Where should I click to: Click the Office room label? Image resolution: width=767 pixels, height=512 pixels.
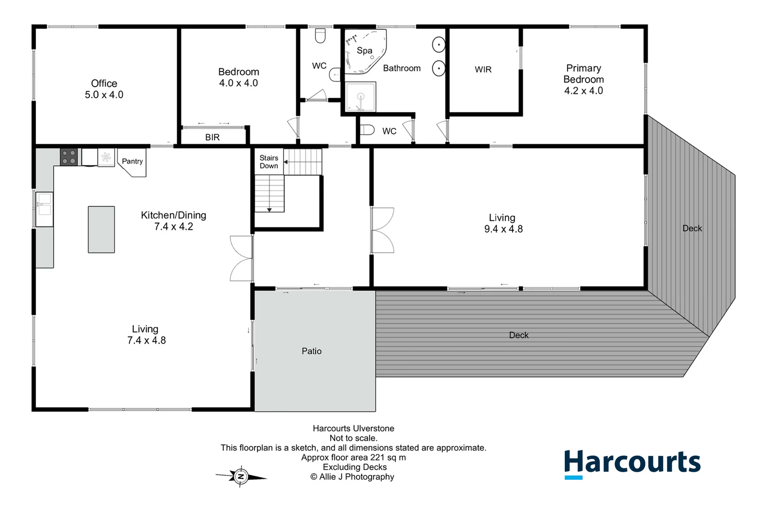point(104,83)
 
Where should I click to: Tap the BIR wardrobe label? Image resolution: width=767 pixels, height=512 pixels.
point(212,137)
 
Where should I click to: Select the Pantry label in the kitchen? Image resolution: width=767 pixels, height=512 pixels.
point(132,161)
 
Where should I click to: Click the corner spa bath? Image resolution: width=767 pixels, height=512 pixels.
point(364,51)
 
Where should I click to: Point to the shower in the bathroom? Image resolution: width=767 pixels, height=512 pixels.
point(360,97)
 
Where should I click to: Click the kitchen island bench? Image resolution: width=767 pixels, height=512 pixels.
point(101,229)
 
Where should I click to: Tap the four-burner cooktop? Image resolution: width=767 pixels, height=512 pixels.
point(69,157)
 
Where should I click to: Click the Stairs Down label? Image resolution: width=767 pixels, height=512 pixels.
point(269,162)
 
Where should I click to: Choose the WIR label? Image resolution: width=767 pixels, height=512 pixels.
point(483,70)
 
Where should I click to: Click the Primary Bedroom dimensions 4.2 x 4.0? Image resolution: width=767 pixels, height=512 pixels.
point(583,91)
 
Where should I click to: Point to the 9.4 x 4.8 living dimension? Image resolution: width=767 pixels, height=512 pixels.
point(503,229)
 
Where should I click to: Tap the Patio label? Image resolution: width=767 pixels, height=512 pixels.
point(312,351)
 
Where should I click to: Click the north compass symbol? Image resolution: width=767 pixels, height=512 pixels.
point(241,476)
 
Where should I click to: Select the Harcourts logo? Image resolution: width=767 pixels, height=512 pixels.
point(632,463)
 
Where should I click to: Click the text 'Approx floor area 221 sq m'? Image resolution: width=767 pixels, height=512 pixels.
point(353,457)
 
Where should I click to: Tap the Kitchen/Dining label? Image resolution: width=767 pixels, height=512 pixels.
point(173,215)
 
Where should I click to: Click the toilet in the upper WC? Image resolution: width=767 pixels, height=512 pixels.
point(321,36)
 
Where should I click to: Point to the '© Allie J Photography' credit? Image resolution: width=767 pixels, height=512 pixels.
point(352,477)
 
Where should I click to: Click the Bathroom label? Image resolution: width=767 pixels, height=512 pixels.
point(401,68)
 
